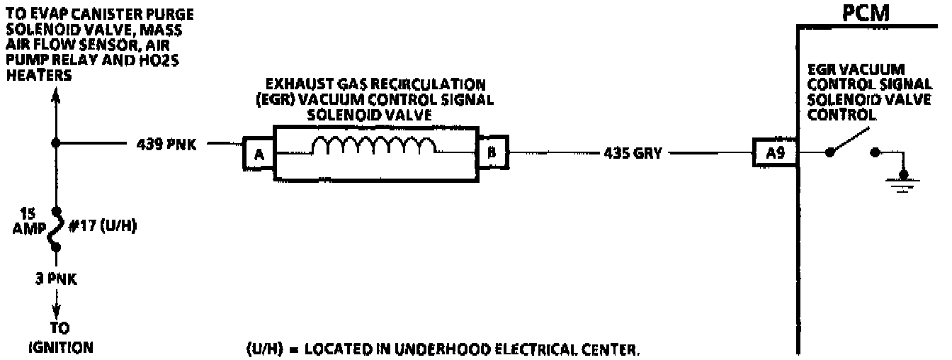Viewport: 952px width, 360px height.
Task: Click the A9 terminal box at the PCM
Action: coord(775,152)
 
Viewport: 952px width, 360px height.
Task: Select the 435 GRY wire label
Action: coord(632,152)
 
